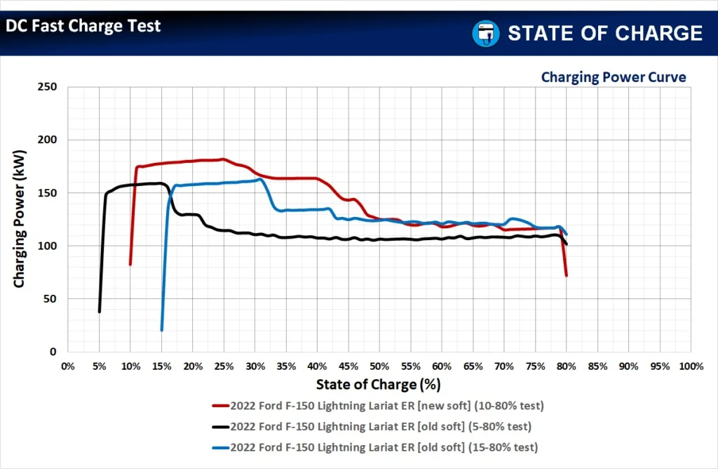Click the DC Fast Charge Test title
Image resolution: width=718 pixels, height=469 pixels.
coord(83,27)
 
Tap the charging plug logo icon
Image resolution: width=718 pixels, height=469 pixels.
coord(485,33)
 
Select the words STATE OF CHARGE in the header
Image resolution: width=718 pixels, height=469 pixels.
coord(604,33)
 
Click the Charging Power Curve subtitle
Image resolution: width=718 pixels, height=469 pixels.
coord(613,77)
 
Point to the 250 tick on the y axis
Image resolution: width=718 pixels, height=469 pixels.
coord(48,87)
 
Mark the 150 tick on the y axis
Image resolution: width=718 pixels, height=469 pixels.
coord(48,193)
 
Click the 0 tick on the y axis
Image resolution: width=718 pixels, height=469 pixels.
coord(53,352)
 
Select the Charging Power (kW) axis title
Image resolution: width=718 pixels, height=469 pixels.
coord(20,220)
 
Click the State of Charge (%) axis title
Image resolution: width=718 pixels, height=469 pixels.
coord(379,384)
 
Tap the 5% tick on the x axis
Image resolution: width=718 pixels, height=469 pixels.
coord(100,366)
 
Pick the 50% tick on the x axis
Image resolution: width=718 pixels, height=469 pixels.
coord(379,366)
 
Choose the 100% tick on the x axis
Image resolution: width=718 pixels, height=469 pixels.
coord(691,366)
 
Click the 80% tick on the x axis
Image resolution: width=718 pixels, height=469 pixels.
coord(567,366)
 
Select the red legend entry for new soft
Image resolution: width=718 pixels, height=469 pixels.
coord(378,406)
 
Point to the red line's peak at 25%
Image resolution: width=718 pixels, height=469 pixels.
coord(223,159)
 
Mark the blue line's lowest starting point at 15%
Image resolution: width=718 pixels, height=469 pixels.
coord(161,330)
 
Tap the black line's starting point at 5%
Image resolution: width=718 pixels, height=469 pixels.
coord(100,311)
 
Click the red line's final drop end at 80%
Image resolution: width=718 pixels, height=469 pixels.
coord(566,275)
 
